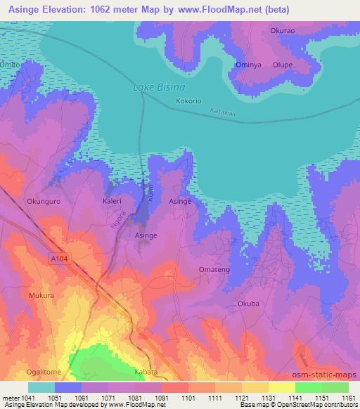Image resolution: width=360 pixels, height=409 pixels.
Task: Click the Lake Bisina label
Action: coord(159,88)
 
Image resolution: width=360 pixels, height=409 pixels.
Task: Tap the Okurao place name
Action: coord(283,31)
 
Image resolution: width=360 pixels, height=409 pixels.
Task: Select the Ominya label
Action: coord(247,65)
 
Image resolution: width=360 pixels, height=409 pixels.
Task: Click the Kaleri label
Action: coord(112,201)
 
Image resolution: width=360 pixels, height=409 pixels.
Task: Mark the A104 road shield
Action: coord(60,259)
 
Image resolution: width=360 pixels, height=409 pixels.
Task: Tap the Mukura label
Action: coord(41,296)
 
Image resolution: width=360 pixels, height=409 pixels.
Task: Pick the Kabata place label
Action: coord(146,372)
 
